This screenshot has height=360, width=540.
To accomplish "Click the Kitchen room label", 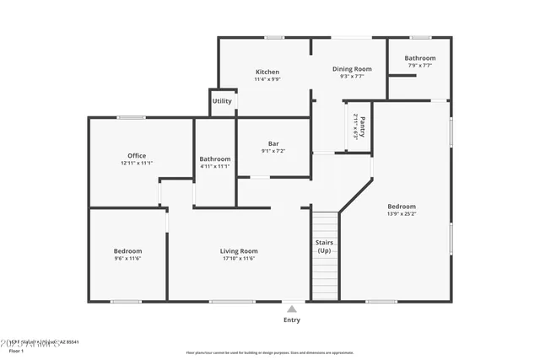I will [267, 72].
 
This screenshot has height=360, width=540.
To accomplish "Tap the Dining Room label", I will [351, 69].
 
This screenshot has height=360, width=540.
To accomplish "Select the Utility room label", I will [222, 101].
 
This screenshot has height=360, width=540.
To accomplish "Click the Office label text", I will [137, 156].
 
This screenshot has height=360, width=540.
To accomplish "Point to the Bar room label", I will [273, 144].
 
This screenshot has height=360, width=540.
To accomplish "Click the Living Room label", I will [239, 251].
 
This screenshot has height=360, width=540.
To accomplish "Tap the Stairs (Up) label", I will [325, 246].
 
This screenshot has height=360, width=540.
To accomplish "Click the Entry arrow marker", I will [292, 309].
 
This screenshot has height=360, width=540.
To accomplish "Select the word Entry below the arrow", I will [292, 320].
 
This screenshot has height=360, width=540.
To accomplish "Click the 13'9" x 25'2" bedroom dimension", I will [402, 214].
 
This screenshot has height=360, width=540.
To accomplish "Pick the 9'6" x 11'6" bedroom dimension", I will [127, 259].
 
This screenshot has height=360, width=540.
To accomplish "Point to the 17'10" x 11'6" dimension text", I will [239, 259].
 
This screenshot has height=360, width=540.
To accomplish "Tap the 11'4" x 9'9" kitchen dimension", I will [267, 79].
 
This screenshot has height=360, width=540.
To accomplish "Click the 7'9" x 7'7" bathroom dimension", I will [419, 66].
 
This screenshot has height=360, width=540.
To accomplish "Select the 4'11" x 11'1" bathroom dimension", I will [215, 166].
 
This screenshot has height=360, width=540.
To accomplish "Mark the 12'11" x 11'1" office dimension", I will [137, 164].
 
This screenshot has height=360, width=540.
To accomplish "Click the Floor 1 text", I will [16, 350].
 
